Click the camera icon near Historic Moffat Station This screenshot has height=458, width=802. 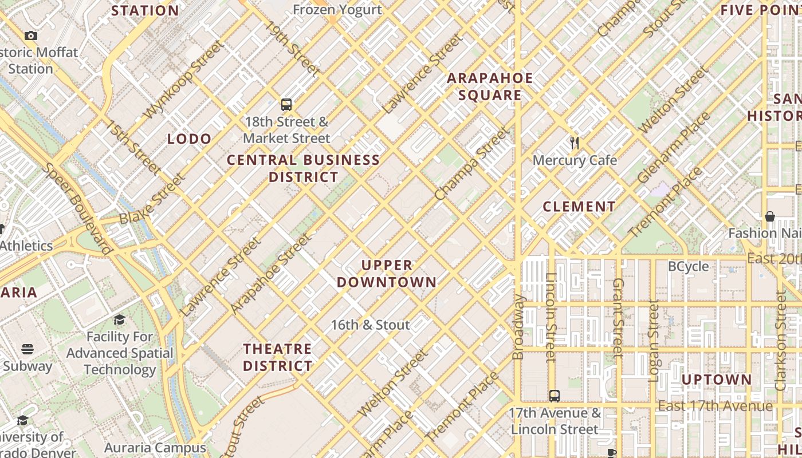[31, 36]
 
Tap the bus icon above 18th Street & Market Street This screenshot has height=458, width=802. [286, 105]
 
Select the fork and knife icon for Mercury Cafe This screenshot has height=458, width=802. [575, 143]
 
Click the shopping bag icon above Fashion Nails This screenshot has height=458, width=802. [770, 216]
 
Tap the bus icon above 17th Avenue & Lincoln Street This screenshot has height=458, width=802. [554, 396]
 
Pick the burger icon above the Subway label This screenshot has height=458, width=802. [27, 349]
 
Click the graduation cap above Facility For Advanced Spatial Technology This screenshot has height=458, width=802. [120, 319]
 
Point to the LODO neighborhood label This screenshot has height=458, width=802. [189, 139]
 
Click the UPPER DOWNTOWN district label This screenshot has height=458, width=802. [387, 274]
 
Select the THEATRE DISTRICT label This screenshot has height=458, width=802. [278, 357]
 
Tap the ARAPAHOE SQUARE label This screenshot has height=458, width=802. [490, 86]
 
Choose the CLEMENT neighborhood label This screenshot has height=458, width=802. [579, 207]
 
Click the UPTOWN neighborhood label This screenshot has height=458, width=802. [716, 380]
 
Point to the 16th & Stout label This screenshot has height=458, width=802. [370, 325]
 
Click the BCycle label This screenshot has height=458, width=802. [689, 266]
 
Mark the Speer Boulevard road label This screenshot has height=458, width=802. [77, 208]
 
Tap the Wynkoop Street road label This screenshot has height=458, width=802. [183, 80]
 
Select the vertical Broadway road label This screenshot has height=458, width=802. [518, 327]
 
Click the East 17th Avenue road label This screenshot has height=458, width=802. [715, 406]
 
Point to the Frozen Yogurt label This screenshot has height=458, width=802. [337, 10]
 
